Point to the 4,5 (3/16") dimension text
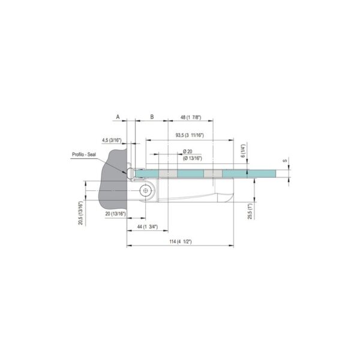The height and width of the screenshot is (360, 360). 112,140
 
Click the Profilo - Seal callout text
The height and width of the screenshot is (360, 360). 84,155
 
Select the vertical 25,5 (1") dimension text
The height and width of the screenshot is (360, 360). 250,209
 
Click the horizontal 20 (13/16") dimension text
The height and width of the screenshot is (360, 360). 115,214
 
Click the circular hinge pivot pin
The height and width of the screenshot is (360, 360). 145,191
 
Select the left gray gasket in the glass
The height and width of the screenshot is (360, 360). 170,173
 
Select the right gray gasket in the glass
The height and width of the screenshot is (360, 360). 213,173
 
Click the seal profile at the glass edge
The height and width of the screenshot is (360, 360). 131,173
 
